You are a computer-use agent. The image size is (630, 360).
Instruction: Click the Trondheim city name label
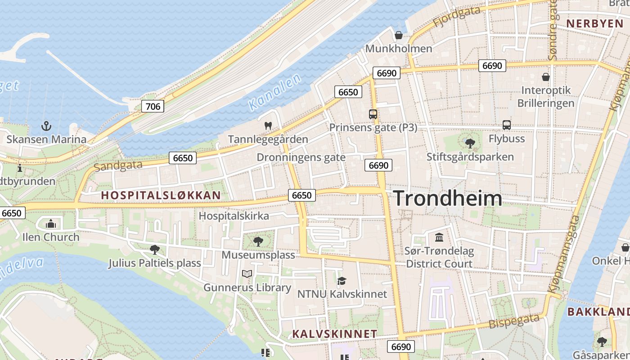[x=448, y=198]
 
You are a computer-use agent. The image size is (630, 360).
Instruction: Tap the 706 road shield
[x=153, y=106]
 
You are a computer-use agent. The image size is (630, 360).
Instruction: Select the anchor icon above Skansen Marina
[x=46, y=126]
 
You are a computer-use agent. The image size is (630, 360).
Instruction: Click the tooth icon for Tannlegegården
[x=268, y=126]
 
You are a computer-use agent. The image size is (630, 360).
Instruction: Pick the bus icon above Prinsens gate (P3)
[x=373, y=114]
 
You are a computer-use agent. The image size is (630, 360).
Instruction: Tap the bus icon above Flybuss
[x=507, y=125]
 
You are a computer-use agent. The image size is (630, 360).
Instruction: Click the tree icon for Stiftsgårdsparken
[x=470, y=144]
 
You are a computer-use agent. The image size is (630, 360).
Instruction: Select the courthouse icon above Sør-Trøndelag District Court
[x=439, y=237]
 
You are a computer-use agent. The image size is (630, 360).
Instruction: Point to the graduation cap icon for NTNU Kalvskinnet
[x=342, y=281]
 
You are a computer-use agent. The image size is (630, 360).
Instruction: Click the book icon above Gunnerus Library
[x=247, y=274]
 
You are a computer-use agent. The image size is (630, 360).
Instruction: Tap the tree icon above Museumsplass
[x=258, y=242]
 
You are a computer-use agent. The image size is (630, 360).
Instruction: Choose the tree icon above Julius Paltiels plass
[x=155, y=249]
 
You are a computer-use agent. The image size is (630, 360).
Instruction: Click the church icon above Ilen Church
[x=51, y=224]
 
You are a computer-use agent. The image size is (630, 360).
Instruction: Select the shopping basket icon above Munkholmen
[x=399, y=35]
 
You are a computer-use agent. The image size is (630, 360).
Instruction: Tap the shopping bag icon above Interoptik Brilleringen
[x=546, y=77]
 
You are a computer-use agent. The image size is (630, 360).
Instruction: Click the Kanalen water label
[x=274, y=93]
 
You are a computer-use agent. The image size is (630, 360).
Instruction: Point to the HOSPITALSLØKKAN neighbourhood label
[x=161, y=195]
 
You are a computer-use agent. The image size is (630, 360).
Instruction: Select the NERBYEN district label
[x=594, y=23]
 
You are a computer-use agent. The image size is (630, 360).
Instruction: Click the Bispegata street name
[x=514, y=322]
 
